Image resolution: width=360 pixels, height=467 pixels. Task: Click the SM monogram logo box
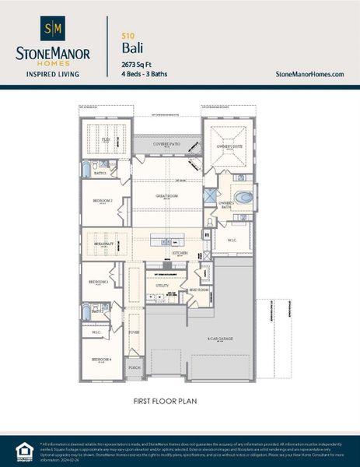pyautogui.click(x=54, y=29)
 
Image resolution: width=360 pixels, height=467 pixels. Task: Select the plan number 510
pyautogui.click(x=127, y=36)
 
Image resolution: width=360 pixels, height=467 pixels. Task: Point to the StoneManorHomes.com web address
pyautogui.click(x=309, y=73)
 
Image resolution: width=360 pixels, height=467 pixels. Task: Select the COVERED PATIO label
pyautogui.click(x=166, y=144)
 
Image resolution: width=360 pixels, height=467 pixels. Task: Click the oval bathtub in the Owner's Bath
pyautogui.click(x=245, y=197)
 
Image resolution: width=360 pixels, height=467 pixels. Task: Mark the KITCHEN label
pyautogui.click(x=180, y=254)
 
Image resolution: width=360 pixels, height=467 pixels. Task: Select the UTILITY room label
pyautogui.click(x=163, y=286)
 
